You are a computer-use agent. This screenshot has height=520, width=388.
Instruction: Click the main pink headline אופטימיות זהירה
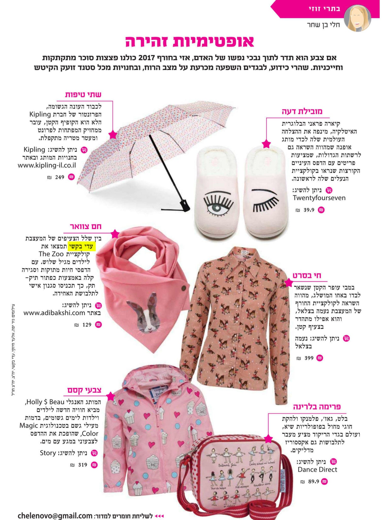coord(190,42)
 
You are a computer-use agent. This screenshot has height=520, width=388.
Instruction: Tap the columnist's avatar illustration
coord(357,18)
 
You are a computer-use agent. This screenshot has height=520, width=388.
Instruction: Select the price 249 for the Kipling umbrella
coord(60,177)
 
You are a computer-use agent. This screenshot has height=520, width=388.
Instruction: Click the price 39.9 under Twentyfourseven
coord(309,210)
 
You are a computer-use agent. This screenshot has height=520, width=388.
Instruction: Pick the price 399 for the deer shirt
coord(309,358)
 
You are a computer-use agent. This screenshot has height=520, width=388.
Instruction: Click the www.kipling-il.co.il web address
coord(47,166)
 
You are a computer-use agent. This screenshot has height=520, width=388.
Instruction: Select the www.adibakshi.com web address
coord(54,313)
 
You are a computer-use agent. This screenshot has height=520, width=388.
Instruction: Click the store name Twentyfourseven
coord(319,198)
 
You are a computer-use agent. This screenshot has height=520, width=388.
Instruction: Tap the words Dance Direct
coord(317,469)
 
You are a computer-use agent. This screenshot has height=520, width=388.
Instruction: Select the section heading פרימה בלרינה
coord(317,407)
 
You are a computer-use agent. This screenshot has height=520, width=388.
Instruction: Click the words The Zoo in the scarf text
coord(51,254)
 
